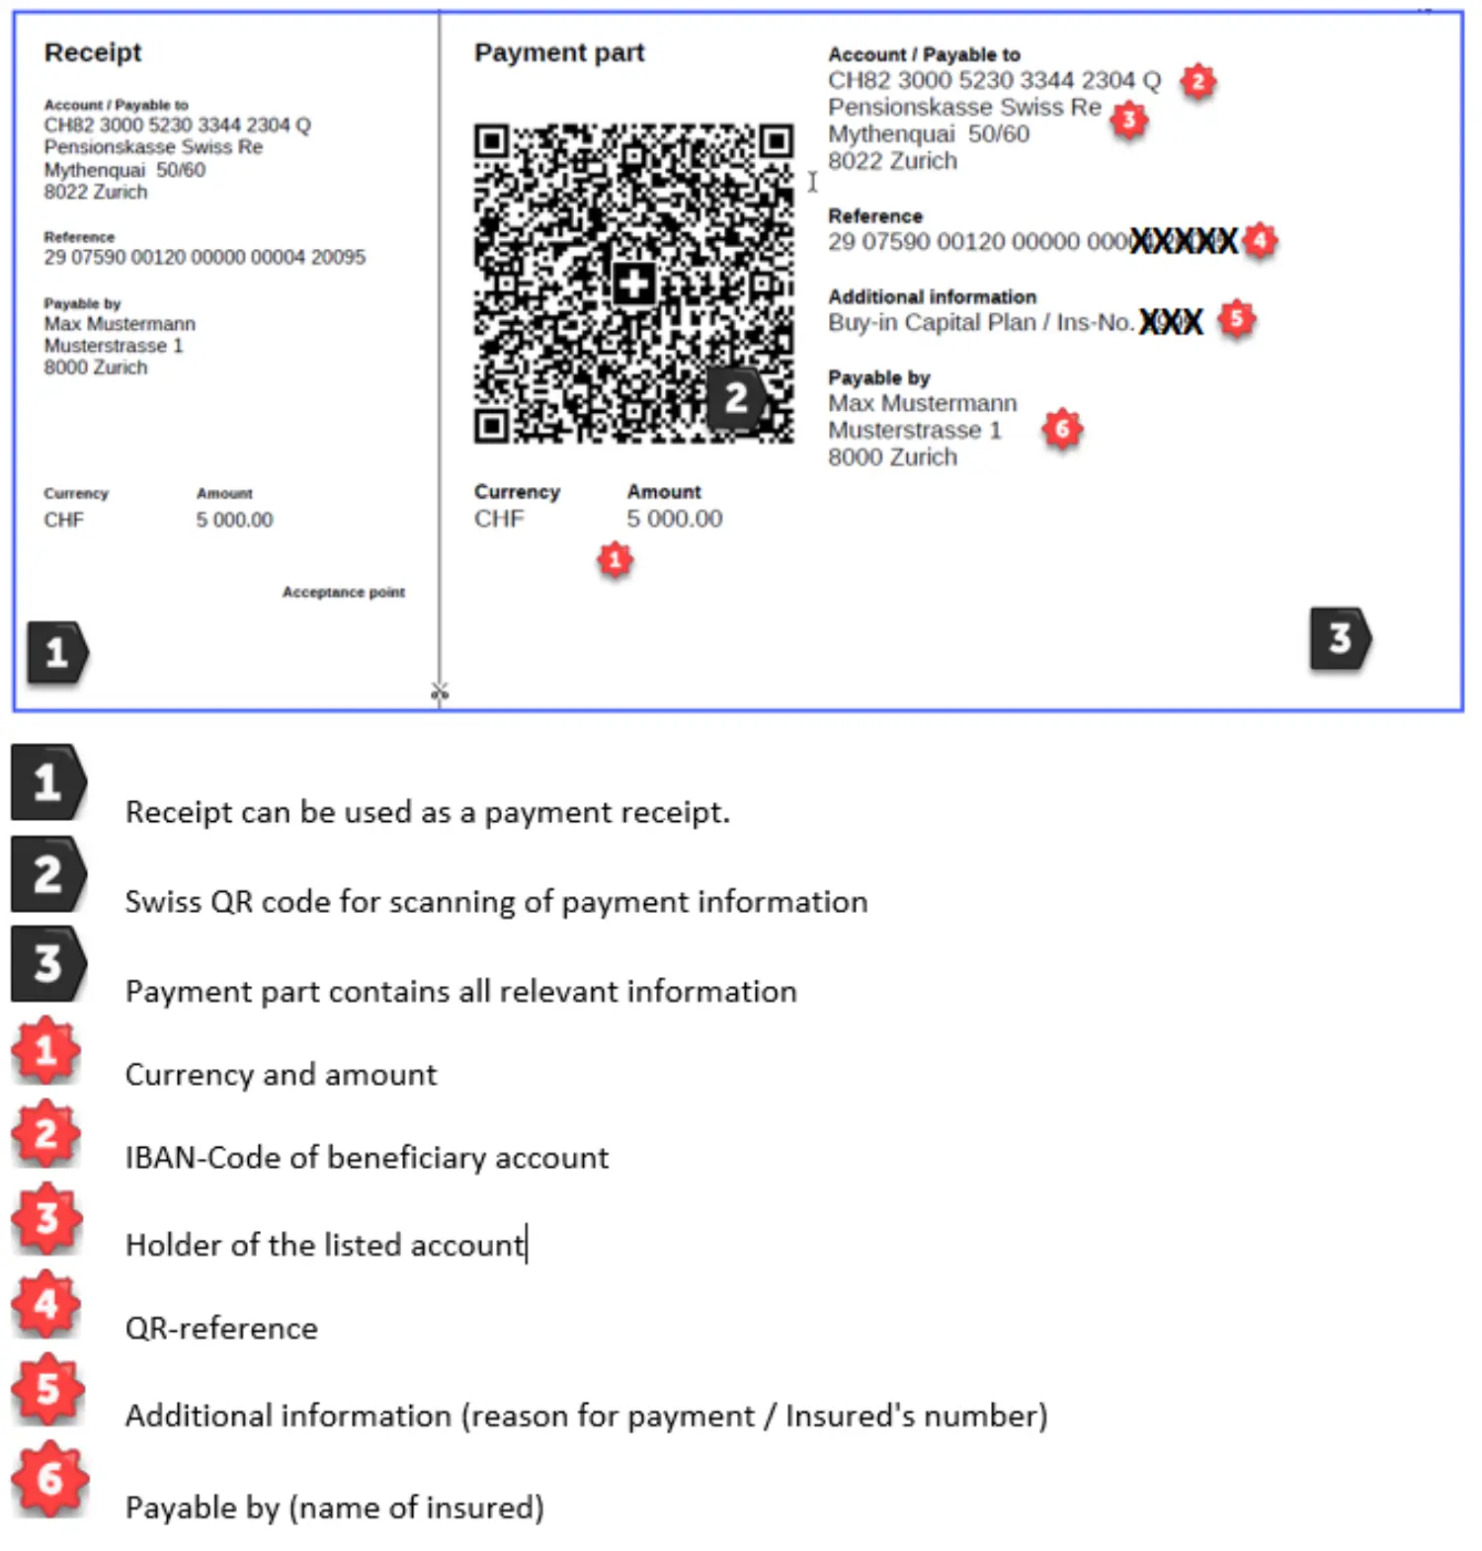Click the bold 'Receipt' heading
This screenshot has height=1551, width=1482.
pyautogui.click(x=93, y=52)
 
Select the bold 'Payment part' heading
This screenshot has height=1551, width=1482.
pyautogui.click(x=558, y=52)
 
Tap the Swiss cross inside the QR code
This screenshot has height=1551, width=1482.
pyautogui.click(x=633, y=285)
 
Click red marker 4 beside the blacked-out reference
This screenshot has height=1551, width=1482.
pyautogui.click(x=1259, y=240)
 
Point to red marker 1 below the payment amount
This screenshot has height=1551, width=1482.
pyautogui.click(x=615, y=560)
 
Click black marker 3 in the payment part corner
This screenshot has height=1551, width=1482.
pyautogui.click(x=1340, y=639)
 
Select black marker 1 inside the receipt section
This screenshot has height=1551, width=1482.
pyautogui.click(x=57, y=653)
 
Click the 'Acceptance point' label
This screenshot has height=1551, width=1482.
pyautogui.click(x=343, y=592)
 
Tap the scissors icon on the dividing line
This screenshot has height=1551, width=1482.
pyautogui.click(x=440, y=692)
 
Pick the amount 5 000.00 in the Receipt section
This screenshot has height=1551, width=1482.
pyautogui.click(x=234, y=520)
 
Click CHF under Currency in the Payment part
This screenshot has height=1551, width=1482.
pyautogui.click(x=499, y=519)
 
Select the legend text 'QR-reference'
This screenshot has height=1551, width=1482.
pyautogui.click(x=221, y=1328)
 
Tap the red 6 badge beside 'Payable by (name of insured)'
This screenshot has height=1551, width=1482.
pyautogui.click(x=49, y=1479)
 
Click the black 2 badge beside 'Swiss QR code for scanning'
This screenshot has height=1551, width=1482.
pyautogui.click(x=48, y=874)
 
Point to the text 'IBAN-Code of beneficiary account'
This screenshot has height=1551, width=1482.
pyautogui.click(x=367, y=1157)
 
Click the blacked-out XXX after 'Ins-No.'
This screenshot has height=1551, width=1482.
pyautogui.click(x=1171, y=321)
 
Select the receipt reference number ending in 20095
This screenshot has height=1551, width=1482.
pyautogui.click(x=205, y=257)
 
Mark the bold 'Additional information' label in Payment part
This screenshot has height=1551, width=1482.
pyautogui.click(x=932, y=296)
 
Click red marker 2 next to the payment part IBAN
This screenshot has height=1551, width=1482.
pyautogui.click(x=1197, y=81)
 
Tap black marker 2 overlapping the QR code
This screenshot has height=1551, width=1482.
pyautogui.click(x=735, y=398)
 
